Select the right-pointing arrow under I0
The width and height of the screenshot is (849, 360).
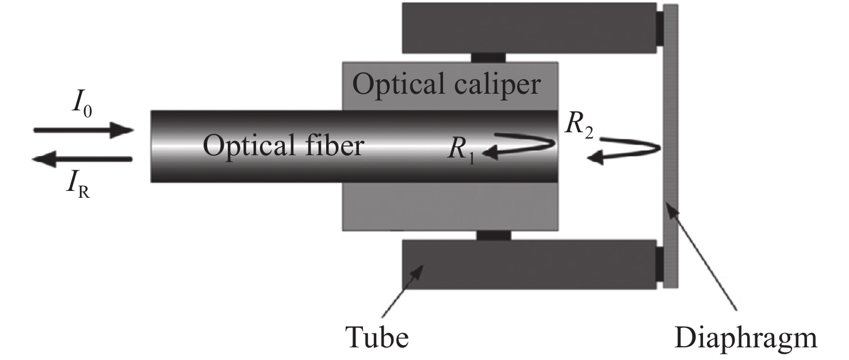point(83,130)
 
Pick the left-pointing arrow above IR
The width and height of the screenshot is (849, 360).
point(83,159)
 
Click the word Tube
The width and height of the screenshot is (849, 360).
point(376,336)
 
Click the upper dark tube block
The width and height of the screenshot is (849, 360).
point(529,27)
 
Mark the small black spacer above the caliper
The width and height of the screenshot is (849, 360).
point(488,57)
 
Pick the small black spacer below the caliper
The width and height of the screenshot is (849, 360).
point(494,235)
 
